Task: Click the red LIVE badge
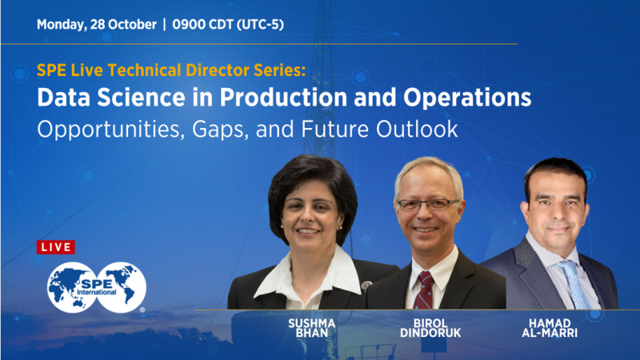pos(56,247)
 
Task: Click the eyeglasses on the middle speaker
pos(429,204)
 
